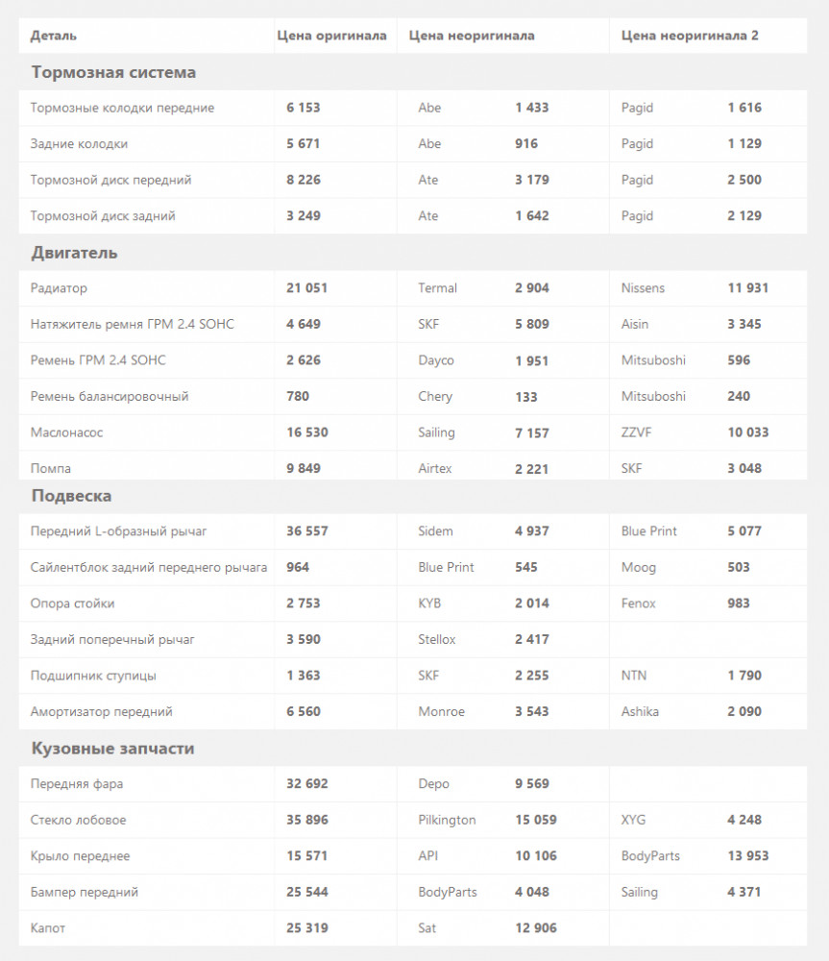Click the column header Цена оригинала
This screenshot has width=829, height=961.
[331, 36]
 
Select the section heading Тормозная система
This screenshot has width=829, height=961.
[113, 72]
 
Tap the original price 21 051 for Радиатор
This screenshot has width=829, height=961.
[306, 288]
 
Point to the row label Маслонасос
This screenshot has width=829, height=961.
[66, 432]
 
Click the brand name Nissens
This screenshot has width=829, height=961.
[643, 288]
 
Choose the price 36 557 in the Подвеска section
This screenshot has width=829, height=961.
[306, 531]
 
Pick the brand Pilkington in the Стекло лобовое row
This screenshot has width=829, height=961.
[447, 821]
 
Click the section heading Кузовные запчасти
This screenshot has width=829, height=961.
[112, 749]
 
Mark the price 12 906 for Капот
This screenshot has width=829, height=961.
[535, 928]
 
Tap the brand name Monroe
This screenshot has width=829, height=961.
[441, 712]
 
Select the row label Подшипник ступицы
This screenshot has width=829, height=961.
[93, 676]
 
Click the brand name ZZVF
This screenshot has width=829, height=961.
[636, 432]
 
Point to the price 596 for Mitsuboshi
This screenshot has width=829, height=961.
[739, 360]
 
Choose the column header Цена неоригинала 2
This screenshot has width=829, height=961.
[690, 36]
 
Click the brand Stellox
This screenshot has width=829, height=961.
[437, 640]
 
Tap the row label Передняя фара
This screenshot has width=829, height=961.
[77, 784]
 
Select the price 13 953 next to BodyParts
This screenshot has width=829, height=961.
[747, 856]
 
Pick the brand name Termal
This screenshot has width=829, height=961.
[437, 288]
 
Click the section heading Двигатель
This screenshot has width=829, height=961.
[74, 253]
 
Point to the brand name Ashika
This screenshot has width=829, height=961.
[640, 712]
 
